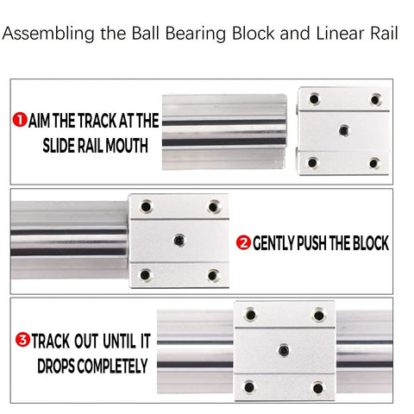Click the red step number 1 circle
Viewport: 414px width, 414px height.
20,120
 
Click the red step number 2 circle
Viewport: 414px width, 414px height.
243,244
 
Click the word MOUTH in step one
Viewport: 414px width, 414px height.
129,145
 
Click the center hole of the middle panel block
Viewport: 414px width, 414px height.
179,240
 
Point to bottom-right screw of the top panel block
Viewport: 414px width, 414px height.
373,163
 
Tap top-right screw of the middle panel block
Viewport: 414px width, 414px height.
212,206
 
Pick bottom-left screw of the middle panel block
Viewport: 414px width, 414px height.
145,274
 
